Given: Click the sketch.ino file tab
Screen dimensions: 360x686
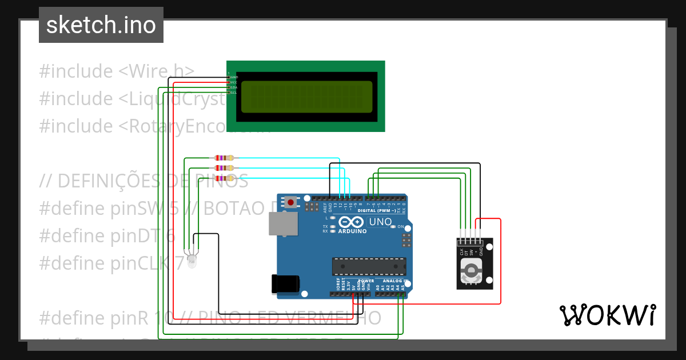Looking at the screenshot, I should tap(101, 25).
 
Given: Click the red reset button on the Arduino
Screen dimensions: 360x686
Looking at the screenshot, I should tap(292, 202).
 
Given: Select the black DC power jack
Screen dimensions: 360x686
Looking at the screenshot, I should tap(285, 283).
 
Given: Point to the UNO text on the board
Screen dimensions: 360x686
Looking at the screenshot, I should tap(380, 222).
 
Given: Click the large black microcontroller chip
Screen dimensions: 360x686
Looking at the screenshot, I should tap(369, 266).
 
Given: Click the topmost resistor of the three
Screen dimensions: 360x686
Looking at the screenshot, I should tap(224, 158).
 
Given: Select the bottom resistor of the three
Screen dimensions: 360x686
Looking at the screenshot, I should tap(224, 178).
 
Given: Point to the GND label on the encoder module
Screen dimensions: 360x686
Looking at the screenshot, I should tap(481, 250).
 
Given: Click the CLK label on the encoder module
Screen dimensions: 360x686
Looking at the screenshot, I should tap(461, 251).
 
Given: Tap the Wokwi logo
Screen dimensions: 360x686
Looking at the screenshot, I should tap(607, 315).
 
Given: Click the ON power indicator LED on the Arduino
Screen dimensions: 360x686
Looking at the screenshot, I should tap(393, 226).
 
